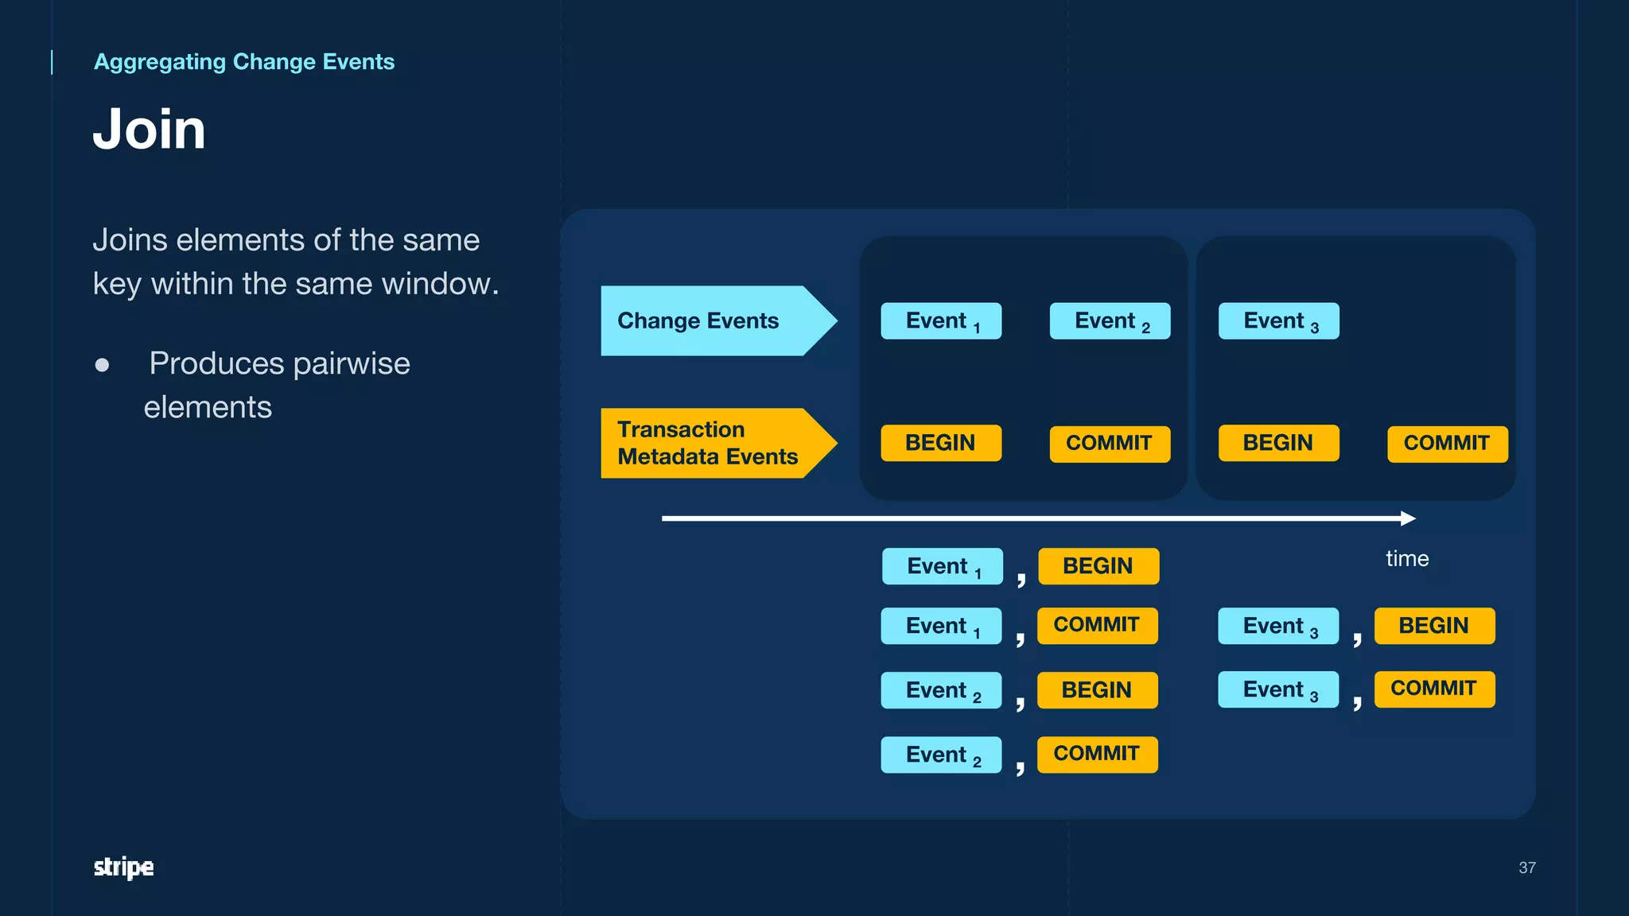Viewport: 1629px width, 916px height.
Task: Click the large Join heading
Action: click(150, 129)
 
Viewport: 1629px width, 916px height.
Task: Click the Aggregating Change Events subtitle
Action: click(243, 62)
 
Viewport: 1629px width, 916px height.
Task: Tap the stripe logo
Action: click(123, 867)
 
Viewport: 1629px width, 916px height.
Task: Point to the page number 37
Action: click(1526, 867)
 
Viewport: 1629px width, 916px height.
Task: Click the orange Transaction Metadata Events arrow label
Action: click(708, 443)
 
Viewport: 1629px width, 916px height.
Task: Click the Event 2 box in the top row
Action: click(1110, 321)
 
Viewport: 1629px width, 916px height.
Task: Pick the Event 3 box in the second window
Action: click(1278, 321)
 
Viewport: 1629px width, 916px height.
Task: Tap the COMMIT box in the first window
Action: click(1110, 444)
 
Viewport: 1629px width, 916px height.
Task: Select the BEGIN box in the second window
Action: click(1278, 444)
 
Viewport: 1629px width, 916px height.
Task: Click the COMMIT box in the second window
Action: click(1447, 444)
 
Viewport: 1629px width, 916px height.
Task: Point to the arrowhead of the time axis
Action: click(1409, 518)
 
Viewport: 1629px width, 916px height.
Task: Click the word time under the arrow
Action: click(1407, 559)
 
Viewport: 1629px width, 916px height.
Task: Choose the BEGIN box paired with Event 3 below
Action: click(1434, 626)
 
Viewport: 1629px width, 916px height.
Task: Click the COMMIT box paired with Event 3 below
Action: click(1434, 689)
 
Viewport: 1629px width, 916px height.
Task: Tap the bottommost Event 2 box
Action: click(941, 755)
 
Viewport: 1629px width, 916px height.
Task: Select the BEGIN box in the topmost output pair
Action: click(1098, 566)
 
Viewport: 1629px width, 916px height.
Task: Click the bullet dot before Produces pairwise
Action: click(102, 365)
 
